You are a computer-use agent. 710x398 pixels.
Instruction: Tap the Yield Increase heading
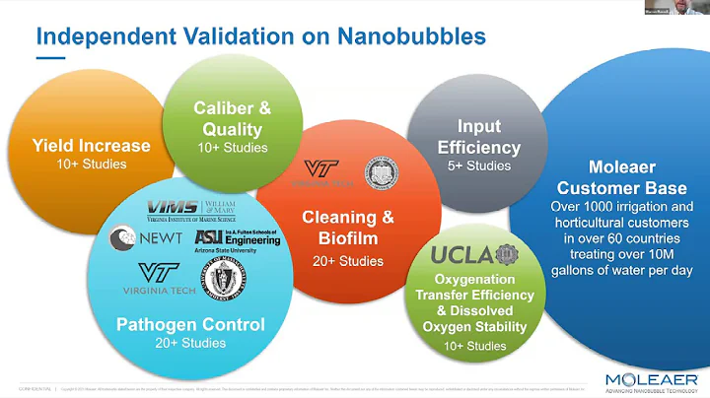91,146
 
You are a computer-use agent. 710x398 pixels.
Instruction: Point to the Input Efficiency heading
477,138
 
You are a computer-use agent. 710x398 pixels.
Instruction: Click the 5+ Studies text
477,166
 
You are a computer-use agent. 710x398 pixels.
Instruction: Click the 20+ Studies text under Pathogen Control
189,343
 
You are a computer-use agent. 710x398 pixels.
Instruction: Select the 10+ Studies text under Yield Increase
91,164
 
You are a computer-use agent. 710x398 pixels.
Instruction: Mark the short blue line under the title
50,57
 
